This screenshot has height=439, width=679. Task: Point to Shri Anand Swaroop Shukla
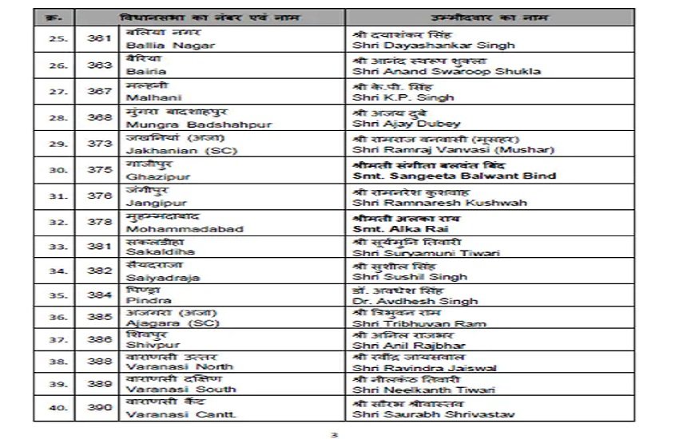point(445,71)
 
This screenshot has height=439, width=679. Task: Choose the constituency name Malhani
point(147,97)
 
